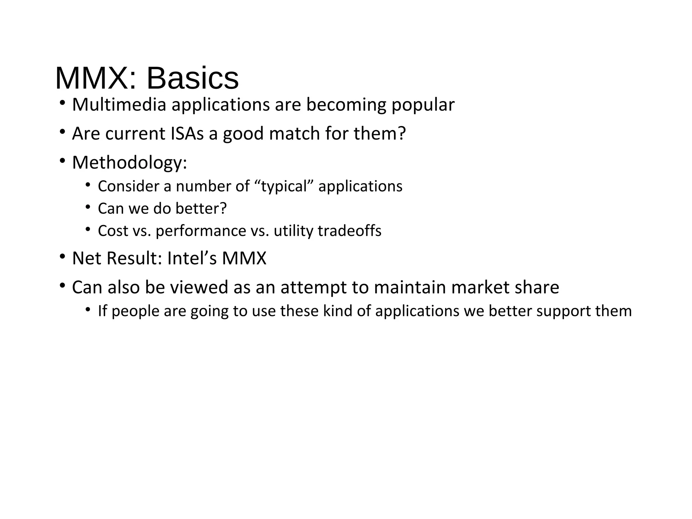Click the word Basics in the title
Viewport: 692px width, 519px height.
[193, 78]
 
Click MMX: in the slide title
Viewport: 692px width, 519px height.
[96, 78]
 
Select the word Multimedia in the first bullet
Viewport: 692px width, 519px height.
[119, 105]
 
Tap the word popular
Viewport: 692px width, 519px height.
[423, 105]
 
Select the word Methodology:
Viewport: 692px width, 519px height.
[129, 163]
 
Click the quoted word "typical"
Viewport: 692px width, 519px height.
[284, 186]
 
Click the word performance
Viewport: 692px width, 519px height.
[201, 231]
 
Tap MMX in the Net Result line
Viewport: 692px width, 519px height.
[244, 258]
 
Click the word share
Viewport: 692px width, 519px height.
[537, 288]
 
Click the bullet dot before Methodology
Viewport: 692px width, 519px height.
[62, 161]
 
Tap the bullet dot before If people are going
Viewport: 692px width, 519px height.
[88, 310]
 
